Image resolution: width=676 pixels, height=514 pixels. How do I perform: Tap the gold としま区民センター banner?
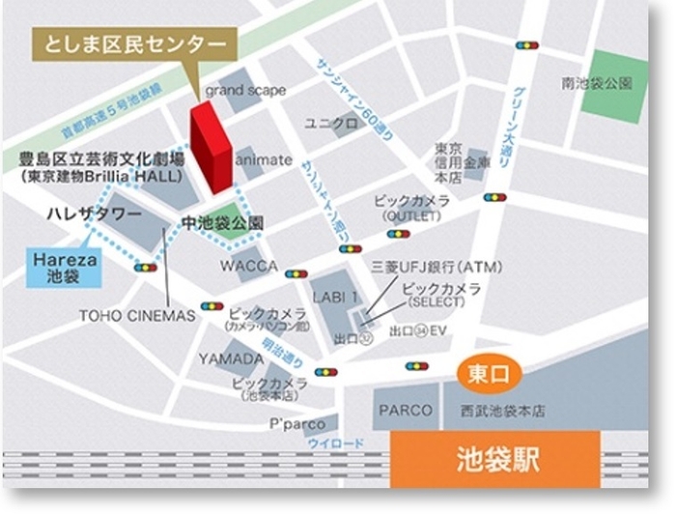pyautogui.click(x=134, y=44)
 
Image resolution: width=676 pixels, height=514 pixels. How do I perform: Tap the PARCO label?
pyautogui.click(x=406, y=410)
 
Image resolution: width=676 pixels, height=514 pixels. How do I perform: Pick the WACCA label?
pyautogui.click(x=248, y=266)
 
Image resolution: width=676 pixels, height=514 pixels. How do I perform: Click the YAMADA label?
pyautogui.click(x=232, y=358)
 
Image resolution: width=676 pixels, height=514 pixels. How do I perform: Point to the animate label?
pyautogui.click(x=264, y=160)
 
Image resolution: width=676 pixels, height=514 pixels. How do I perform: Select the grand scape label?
pyautogui.click(x=245, y=90)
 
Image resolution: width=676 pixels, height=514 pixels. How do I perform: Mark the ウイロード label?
pyautogui.click(x=335, y=443)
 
